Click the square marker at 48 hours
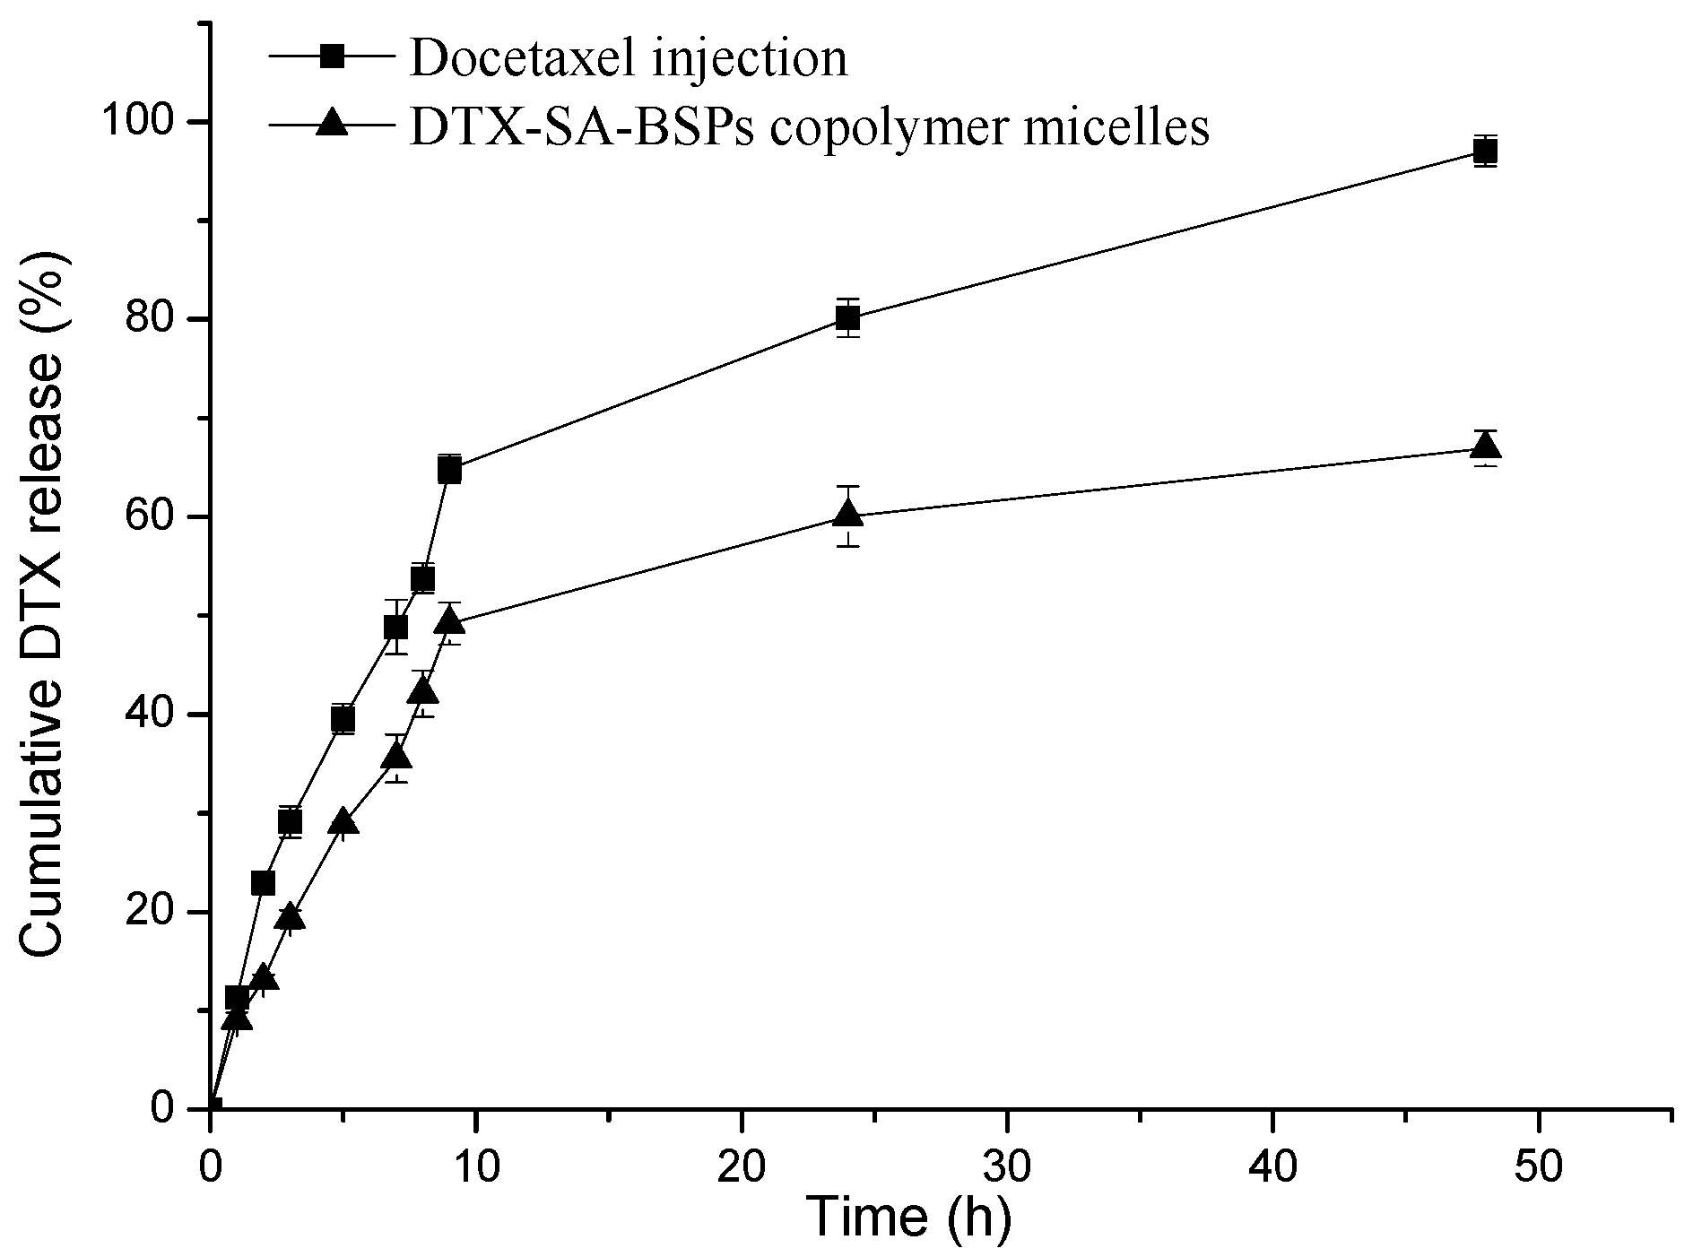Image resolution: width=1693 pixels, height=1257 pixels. [1485, 151]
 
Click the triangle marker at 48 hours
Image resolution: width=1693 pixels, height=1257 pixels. [1485, 446]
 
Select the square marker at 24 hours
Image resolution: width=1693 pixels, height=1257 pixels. [847, 317]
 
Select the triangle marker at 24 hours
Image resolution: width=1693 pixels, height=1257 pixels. [847, 515]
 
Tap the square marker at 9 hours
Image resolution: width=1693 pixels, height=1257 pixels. [449, 468]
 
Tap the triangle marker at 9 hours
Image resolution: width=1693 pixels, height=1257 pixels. [449, 620]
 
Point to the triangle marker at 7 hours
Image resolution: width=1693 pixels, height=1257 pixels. [396, 757]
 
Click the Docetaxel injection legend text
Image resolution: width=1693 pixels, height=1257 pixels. [628, 58]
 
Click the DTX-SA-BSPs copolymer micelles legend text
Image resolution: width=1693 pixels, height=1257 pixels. [810, 126]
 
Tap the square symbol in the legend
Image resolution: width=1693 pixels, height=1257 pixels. [333, 57]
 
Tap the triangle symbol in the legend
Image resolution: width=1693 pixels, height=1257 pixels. [333, 122]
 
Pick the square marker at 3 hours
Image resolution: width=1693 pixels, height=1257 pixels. [290, 820]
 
